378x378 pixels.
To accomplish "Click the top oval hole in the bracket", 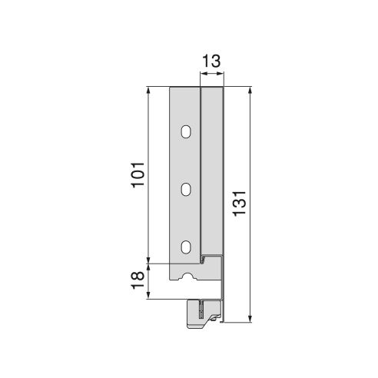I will point(184,132).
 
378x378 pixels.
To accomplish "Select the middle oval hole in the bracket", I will point(184,188).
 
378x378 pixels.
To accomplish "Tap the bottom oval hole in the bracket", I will point(184,247).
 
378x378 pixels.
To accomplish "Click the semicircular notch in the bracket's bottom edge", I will point(184,275).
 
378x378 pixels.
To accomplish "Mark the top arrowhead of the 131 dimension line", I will point(250,91).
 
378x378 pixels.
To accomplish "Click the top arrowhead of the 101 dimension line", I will point(149,91).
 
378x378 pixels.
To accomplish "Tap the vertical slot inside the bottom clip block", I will point(200,313).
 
